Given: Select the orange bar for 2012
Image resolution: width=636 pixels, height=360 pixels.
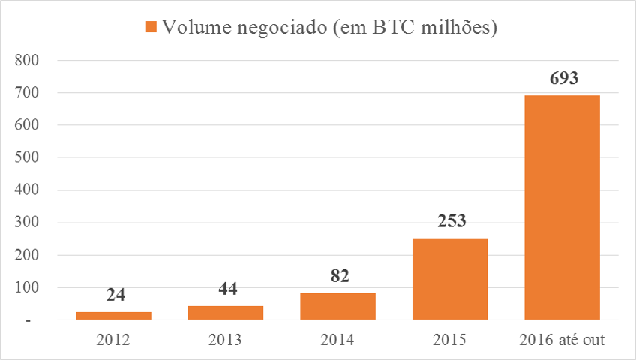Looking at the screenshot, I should [x=113, y=316].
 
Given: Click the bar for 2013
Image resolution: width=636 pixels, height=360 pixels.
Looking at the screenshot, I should [x=226, y=313].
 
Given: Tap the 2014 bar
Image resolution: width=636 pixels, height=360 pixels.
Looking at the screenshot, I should [x=338, y=306].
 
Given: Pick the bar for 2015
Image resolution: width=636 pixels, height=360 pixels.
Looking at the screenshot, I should [x=450, y=279].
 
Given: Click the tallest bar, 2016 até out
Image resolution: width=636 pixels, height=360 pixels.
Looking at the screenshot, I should [x=562, y=208].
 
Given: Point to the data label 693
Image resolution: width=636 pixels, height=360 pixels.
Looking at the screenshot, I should [x=562, y=77].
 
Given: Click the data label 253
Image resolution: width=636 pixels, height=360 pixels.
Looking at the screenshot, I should [x=450, y=221].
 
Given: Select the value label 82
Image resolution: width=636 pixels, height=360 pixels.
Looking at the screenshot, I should [x=338, y=276].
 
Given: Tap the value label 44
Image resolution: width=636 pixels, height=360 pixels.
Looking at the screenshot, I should [x=226, y=289].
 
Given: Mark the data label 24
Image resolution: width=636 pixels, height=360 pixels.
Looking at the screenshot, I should [x=114, y=295].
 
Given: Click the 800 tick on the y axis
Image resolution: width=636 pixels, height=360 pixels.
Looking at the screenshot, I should [x=34, y=61].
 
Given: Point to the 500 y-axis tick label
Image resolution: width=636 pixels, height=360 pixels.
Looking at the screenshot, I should [x=34, y=158].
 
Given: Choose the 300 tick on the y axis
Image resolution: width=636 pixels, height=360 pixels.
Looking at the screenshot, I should [x=34, y=223].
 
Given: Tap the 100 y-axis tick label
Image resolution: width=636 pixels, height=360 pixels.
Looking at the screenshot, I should [x=34, y=288].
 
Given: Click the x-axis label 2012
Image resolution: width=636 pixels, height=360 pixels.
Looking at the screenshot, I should [x=113, y=339].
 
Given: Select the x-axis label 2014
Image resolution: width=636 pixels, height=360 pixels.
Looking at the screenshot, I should [x=338, y=339].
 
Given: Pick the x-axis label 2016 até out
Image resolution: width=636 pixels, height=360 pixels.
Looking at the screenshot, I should [x=562, y=339].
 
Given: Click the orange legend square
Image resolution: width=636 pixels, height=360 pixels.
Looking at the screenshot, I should [x=150, y=28].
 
